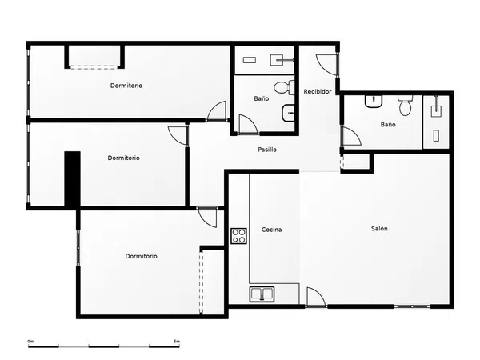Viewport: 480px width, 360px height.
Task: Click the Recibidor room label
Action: (x=318, y=91)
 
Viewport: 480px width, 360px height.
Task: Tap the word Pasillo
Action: (x=267, y=150)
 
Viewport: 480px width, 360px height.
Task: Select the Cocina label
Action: (x=271, y=230)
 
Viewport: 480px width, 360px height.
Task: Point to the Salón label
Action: (x=379, y=228)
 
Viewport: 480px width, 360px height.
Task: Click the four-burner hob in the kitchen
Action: (x=238, y=236)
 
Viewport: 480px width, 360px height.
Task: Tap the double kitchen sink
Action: (x=262, y=294)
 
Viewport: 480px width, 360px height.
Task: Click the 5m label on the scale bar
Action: (x=177, y=341)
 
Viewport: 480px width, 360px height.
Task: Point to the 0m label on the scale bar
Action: (x=30, y=341)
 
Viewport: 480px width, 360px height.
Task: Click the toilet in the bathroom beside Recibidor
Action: (x=284, y=87)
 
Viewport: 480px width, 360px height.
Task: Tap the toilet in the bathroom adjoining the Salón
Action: (x=406, y=106)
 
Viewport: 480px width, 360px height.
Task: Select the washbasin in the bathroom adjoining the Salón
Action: (x=374, y=102)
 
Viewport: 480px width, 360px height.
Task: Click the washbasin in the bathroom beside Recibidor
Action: (x=288, y=113)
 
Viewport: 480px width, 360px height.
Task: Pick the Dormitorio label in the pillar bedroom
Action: (x=123, y=158)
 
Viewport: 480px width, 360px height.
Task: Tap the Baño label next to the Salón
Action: (x=388, y=125)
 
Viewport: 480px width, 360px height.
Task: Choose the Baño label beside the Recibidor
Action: (x=262, y=98)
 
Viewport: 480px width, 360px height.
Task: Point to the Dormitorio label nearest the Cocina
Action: (x=141, y=256)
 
